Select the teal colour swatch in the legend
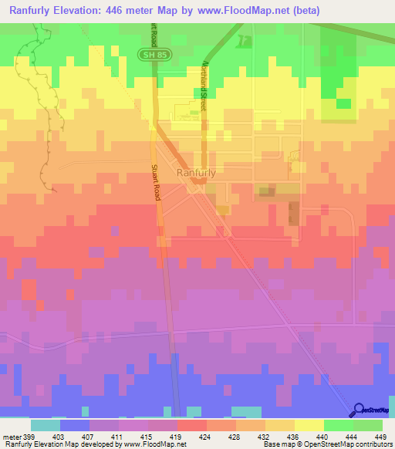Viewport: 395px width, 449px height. [x=46, y=425]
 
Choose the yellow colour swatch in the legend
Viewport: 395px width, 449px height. [x=309, y=425]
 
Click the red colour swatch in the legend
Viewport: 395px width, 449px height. [x=191, y=425]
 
